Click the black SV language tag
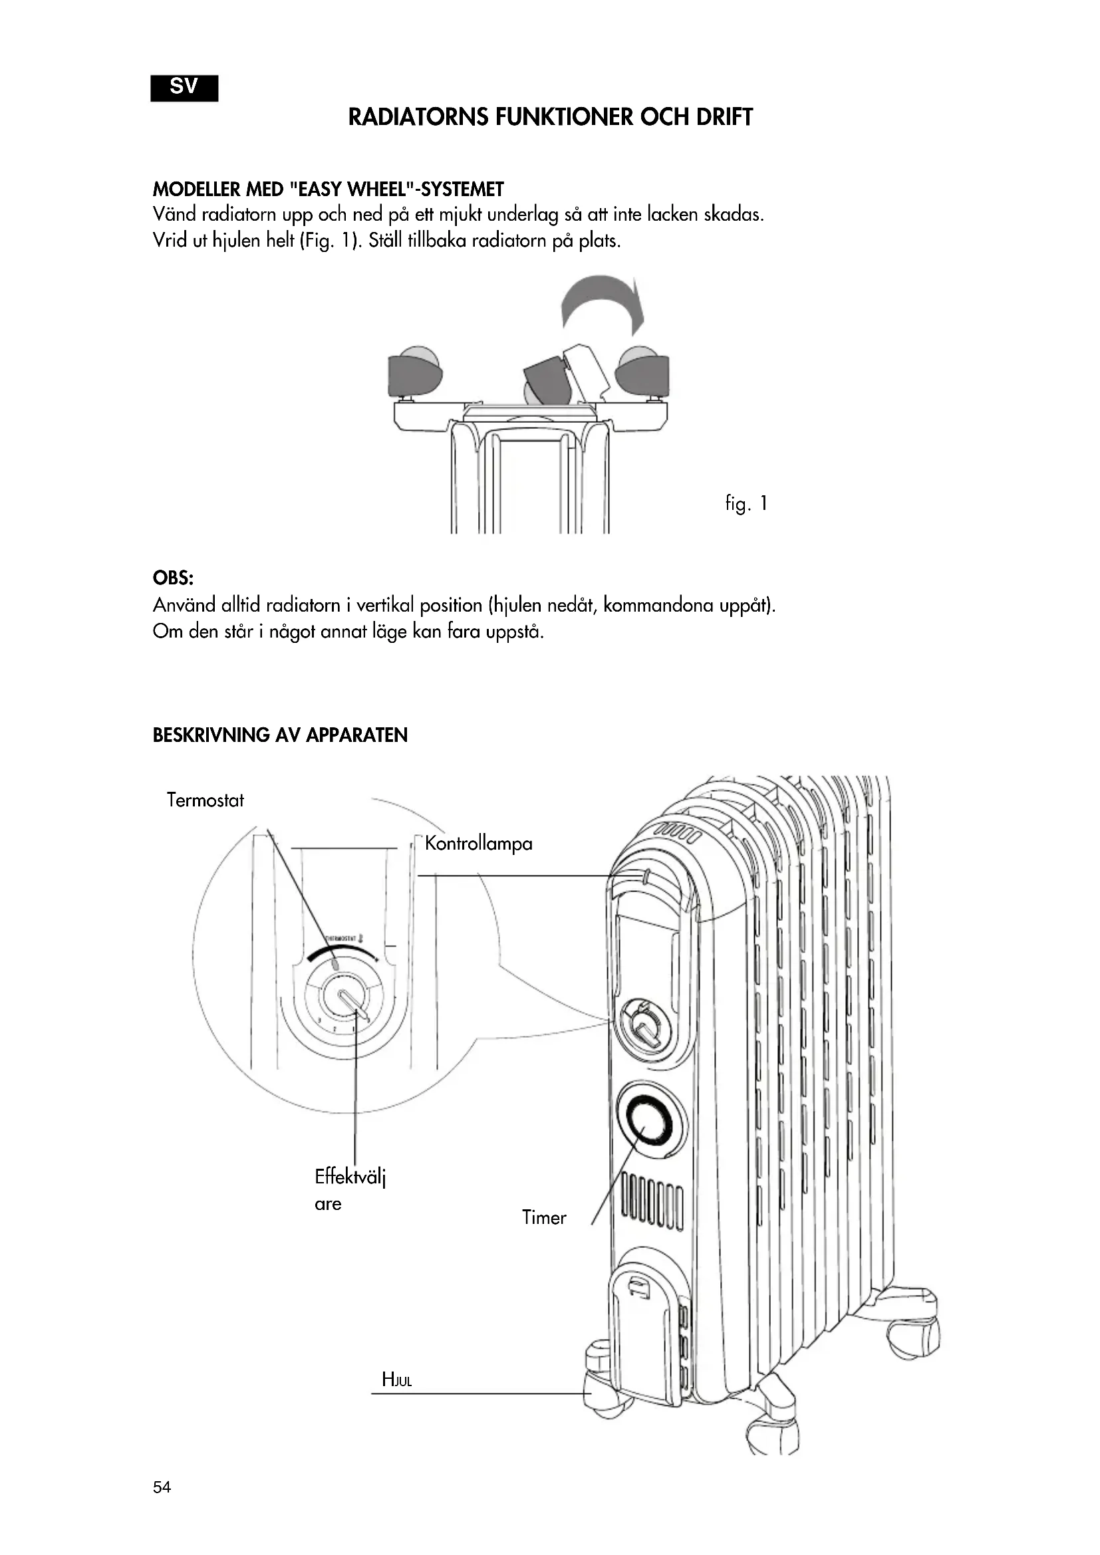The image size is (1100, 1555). pyautogui.click(x=184, y=88)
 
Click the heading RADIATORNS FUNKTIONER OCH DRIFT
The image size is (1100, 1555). pyautogui.click(x=550, y=117)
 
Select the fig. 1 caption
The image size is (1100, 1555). pyautogui.click(x=746, y=503)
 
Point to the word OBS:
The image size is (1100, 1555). pyautogui.click(x=174, y=578)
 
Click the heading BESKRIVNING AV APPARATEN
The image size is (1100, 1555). pyautogui.click(x=280, y=735)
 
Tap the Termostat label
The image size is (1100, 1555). pyautogui.click(x=205, y=800)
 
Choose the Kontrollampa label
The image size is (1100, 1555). pyautogui.click(x=478, y=843)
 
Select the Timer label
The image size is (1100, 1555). pyautogui.click(x=543, y=1218)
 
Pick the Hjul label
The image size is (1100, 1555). pyautogui.click(x=397, y=1379)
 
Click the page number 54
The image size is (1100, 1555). pyautogui.click(x=162, y=1487)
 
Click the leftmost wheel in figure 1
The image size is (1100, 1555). pyautogui.click(x=414, y=372)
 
